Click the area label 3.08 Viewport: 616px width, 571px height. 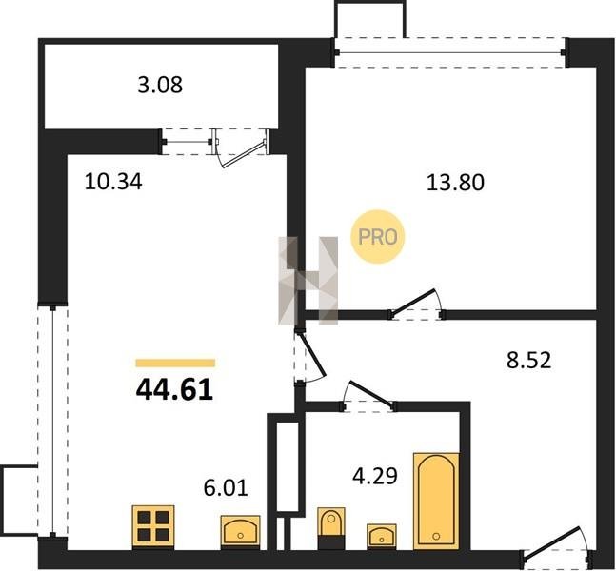click(x=160, y=86)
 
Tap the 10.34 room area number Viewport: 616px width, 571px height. click(x=113, y=182)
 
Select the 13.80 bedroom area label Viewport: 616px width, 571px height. click(x=455, y=183)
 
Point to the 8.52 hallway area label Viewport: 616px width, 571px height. click(x=528, y=360)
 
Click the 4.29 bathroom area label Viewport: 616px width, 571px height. click(x=375, y=476)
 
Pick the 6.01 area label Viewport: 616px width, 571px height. click(x=226, y=487)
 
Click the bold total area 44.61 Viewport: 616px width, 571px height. click(x=174, y=390)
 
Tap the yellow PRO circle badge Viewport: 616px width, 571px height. click(x=378, y=237)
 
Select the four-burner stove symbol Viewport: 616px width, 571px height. click(x=153, y=526)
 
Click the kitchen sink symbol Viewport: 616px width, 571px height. click(x=240, y=532)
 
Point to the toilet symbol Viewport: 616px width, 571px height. click(x=331, y=528)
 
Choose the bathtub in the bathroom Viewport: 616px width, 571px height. click(x=436, y=502)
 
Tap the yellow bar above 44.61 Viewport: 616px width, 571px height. click(x=175, y=363)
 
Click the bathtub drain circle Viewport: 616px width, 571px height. click(x=436, y=536)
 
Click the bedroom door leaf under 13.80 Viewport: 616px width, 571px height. click(x=413, y=302)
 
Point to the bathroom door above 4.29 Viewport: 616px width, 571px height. click(x=370, y=392)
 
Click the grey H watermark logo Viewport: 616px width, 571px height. click(x=308, y=281)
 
